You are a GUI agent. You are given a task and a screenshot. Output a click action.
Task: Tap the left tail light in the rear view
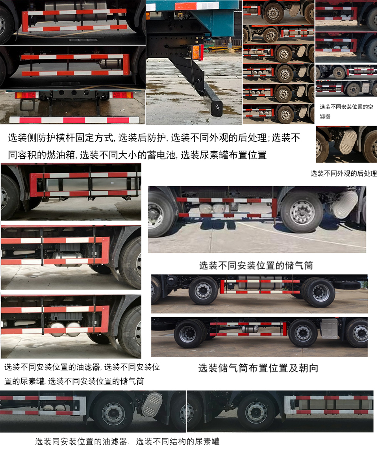pyautogui.click(x=26, y=95)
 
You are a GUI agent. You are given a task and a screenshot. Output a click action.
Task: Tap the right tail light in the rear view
pyautogui.click(x=121, y=95)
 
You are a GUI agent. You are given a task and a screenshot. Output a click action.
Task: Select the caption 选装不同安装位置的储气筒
pyautogui.click(x=256, y=265)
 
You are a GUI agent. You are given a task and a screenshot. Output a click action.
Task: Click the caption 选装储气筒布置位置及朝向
pyautogui.click(x=258, y=368)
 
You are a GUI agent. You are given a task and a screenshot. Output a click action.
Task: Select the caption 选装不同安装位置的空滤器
pyautogui.click(x=346, y=111)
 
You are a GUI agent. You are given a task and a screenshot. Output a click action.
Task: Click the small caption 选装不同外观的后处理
pyautogui.click(x=343, y=173)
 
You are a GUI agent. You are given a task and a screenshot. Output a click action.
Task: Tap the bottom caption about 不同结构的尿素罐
pyautogui.click(x=178, y=442)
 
